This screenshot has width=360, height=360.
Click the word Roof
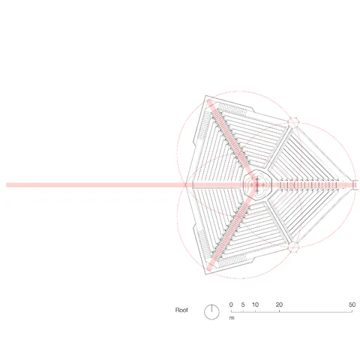tap(181, 309)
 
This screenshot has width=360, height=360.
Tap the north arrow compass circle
tap(212, 310)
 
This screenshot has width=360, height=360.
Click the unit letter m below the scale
tap(232, 318)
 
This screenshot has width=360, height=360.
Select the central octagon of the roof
tap(256, 183)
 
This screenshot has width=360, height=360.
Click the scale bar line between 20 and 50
tap(315, 310)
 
